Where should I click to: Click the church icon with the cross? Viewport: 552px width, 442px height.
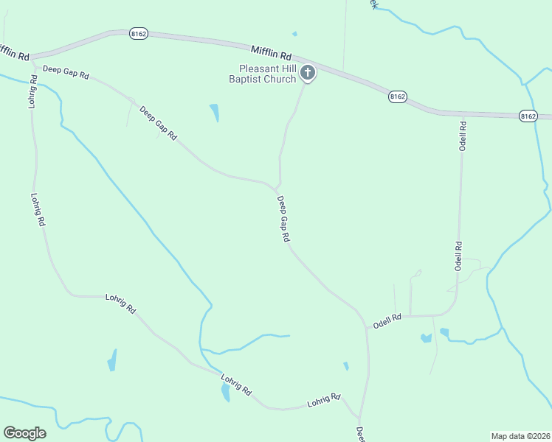pyautogui.click(x=308, y=73)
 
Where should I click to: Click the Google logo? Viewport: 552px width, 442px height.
pyautogui.click(x=24, y=433)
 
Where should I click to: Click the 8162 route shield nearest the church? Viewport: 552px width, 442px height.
pyautogui.click(x=398, y=97)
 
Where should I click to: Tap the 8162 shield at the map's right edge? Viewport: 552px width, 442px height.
pyautogui.click(x=528, y=116)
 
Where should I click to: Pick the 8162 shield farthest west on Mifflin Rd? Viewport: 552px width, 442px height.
pyautogui.click(x=138, y=34)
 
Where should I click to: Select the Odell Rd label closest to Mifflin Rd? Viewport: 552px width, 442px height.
pyautogui.click(x=463, y=136)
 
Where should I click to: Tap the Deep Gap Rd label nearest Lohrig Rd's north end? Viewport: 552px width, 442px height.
pyautogui.click(x=66, y=74)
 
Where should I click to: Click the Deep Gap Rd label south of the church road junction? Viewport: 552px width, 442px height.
pyautogui.click(x=283, y=219)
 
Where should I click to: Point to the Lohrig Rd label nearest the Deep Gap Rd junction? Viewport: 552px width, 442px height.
pyautogui.click(x=324, y=400)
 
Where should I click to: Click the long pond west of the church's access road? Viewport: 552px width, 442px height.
pyautogui.click(x=215, y=112)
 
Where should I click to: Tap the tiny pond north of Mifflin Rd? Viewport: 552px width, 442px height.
pyautogui.click(x=294, y=33)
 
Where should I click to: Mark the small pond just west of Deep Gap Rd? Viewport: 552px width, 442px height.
pyautogui.click(x=345, y=365)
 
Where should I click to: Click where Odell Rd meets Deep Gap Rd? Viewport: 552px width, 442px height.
pyautogui.click(x=366, y=325)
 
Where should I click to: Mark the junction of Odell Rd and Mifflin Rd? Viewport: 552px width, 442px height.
pyautogui.click(x=463, y=113)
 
